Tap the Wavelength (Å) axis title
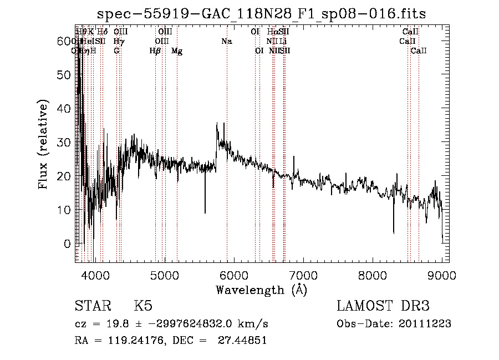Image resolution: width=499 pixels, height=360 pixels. click(x=261, y=290)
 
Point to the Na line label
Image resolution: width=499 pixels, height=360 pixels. click(x=226, y=41)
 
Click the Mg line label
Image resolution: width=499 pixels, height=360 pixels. click(x=177, y=51)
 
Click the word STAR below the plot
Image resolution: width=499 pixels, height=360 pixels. click(x=93, y=307)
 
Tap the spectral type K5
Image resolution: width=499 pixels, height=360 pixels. click(x=143, y=307)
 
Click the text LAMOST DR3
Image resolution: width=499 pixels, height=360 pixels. click(x=383, y=307)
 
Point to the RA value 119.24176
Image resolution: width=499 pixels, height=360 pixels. click(x=126, y=341)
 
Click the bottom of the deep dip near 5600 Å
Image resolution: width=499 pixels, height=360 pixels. click(x=205, y=212)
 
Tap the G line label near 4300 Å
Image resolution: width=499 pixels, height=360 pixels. click(x=116, y=51)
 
